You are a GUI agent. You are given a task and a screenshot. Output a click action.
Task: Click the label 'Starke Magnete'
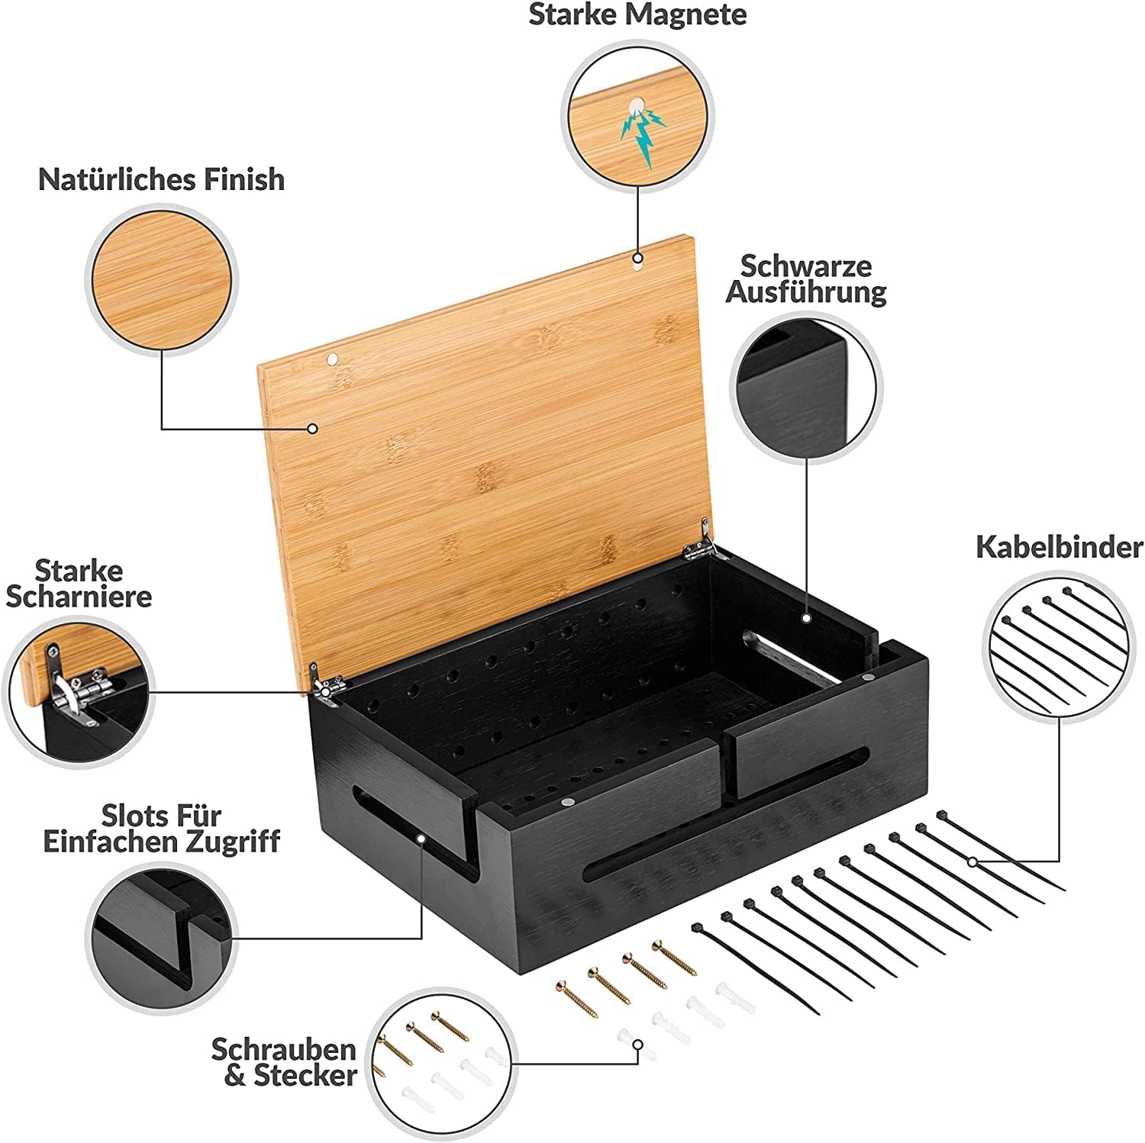637,15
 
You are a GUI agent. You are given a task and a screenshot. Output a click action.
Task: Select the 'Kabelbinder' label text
1060,547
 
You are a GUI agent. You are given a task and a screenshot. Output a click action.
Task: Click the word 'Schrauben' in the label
284,1049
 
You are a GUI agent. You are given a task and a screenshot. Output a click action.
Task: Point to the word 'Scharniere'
79,597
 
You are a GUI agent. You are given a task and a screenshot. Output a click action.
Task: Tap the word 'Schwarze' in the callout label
806,266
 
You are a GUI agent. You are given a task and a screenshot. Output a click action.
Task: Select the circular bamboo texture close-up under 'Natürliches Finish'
161,279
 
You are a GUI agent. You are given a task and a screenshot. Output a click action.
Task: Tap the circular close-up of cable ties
1058,645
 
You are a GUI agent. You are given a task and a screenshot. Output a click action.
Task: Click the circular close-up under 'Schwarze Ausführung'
806,388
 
